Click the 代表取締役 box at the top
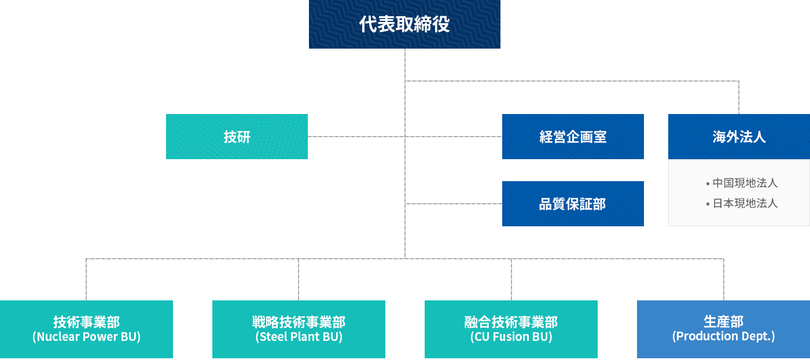(404, 24)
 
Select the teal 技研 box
(237, 137)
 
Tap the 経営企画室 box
(573, 137)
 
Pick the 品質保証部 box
(573, 204)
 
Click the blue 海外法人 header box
(739, 137)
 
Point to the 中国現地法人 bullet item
(742, 183)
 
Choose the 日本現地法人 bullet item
(742, 203)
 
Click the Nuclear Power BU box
(86, 329)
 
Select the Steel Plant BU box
(299, 329)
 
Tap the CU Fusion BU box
(511, 329)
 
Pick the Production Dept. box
(724, 329)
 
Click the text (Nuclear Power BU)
(86, 337)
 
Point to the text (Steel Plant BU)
(299, 337)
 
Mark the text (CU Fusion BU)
(511, 337)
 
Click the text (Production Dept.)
(724, 336)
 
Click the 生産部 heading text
(724, 321)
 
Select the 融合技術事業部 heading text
(511, 322)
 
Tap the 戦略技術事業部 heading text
(299, 322)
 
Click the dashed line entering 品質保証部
(454, 204)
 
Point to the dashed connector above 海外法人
(739, 98)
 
